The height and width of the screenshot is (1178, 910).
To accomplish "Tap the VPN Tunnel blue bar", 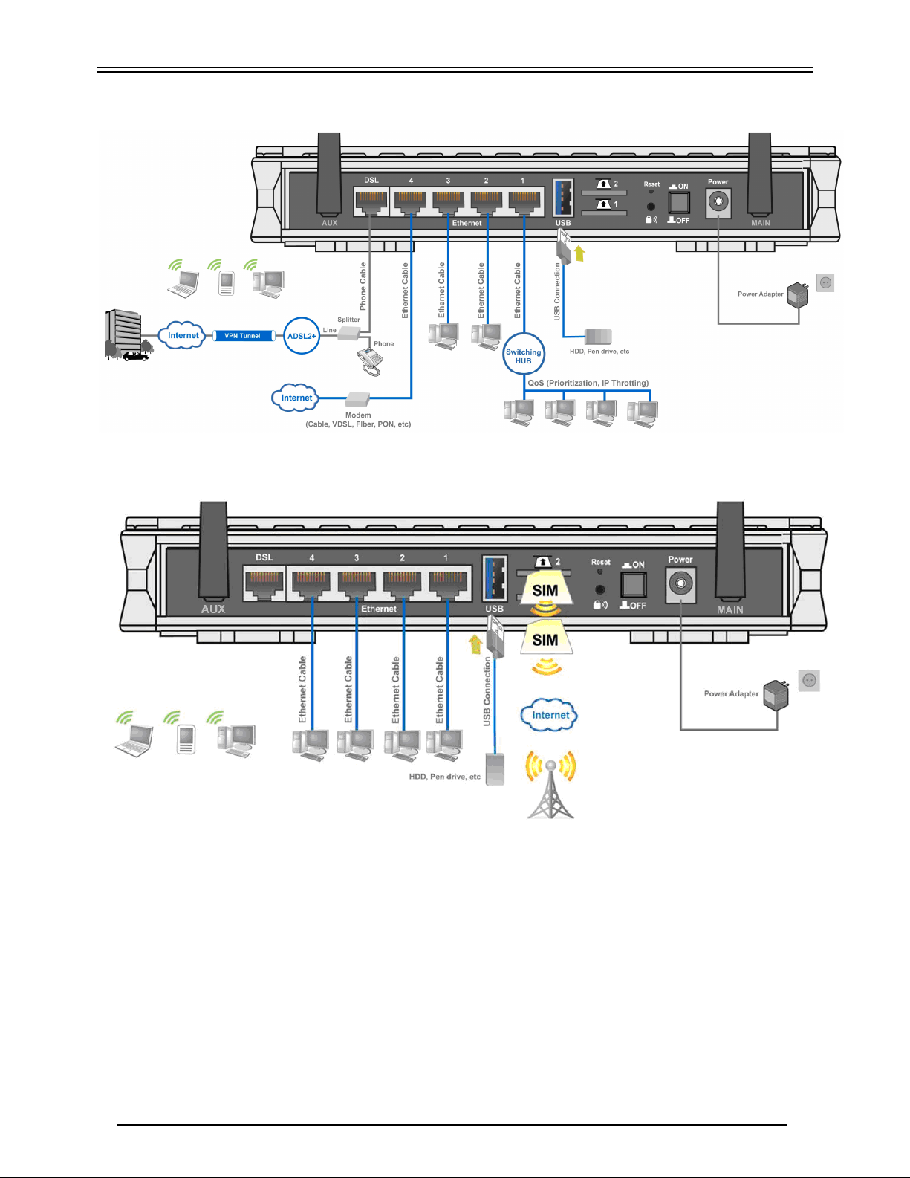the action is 243,336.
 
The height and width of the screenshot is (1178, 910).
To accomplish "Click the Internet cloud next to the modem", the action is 295,398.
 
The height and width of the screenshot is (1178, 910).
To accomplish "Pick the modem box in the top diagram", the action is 358,400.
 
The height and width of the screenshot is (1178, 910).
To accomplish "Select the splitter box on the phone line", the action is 349,334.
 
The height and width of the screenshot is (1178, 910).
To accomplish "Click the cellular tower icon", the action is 550,783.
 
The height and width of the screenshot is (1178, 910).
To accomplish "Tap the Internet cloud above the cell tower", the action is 549,715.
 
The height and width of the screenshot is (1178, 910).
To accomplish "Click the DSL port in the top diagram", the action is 371,201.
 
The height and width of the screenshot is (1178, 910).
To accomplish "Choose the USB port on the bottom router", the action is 495,578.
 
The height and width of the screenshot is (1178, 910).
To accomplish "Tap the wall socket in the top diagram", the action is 825,282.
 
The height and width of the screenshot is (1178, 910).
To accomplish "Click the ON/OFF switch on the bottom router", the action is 633,585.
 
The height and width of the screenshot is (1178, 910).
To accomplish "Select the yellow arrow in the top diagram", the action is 579,253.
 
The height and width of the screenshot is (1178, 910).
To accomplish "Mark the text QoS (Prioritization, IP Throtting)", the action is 588,383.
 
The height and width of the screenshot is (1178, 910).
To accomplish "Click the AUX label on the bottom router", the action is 213,609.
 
